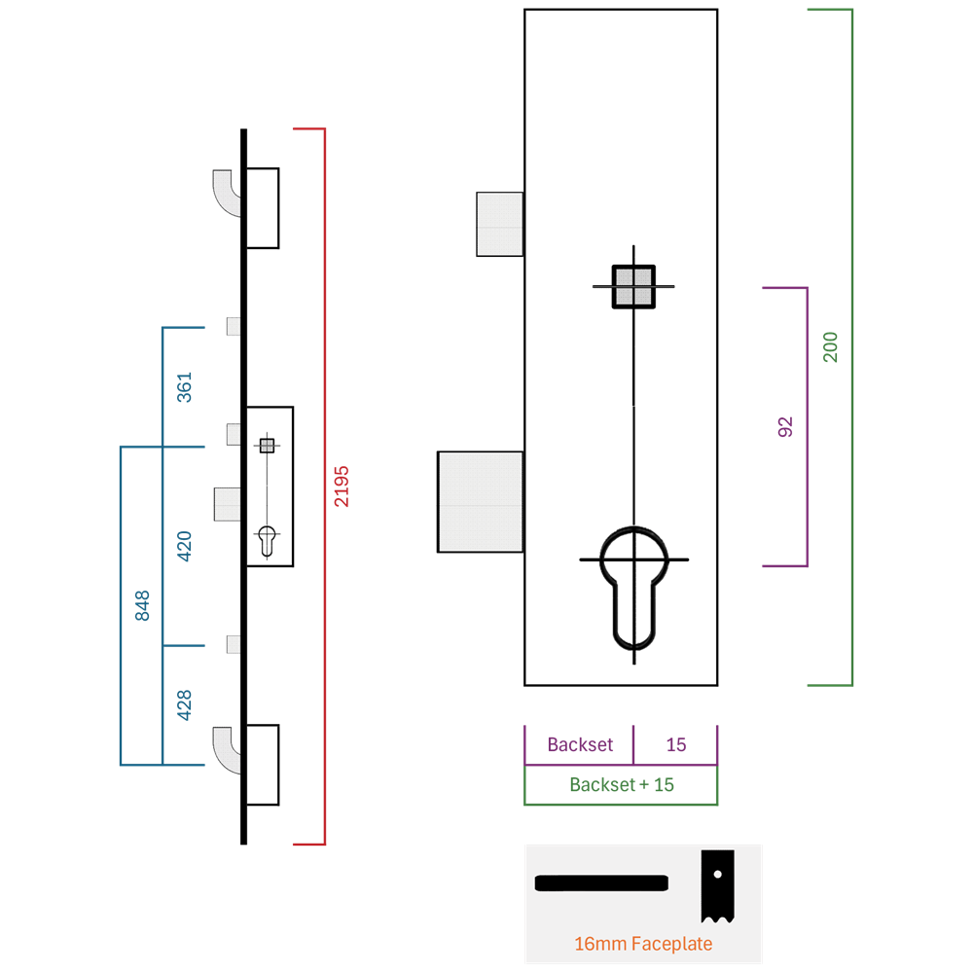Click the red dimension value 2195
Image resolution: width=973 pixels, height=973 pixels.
(342, 486)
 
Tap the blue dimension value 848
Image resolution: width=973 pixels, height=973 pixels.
(142, 605)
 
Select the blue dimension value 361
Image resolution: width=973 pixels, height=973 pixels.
(184, 387)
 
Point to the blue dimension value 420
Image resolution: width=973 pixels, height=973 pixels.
(184, 546)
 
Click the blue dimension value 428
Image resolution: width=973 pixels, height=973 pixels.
(184, 704)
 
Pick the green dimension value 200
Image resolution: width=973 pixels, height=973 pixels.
(830, 347)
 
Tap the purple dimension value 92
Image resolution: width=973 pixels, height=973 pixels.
(785, 427)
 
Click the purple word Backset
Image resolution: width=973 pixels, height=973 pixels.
(580, 744)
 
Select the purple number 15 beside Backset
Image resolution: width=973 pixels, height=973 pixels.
(676, 744)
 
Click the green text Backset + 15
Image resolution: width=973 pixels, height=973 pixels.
(622, 785)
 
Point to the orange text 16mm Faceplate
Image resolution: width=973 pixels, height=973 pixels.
(643, 944)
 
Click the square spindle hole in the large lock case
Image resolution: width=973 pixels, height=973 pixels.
(633, 287)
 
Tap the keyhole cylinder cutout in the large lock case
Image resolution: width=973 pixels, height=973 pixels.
(634, 588)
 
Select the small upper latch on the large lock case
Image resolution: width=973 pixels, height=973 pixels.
(499, 224)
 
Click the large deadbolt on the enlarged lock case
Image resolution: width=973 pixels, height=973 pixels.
(481, 501)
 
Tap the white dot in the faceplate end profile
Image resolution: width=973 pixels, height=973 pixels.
(718, 875)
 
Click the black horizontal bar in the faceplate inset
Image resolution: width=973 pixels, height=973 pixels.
(601, 883)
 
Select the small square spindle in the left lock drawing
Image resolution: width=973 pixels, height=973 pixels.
(267, 446)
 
